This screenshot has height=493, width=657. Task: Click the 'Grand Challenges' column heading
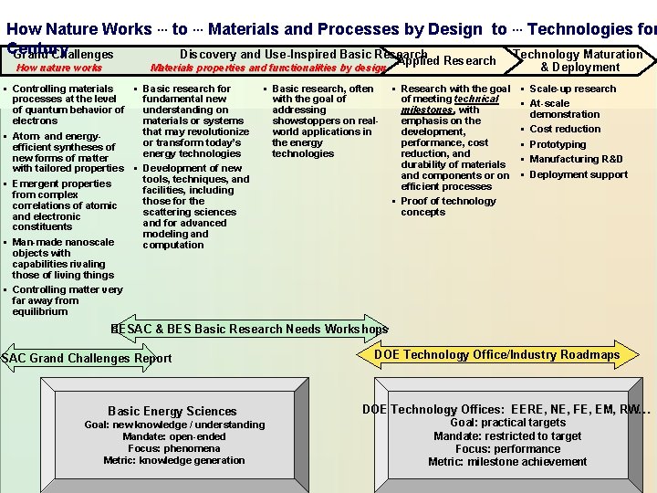tap(64, 55)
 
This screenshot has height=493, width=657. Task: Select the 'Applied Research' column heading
tap(446, 61)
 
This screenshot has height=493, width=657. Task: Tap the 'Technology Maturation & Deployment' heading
tap(579, 60)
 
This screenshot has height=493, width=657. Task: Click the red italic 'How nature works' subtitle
tap(60, 68)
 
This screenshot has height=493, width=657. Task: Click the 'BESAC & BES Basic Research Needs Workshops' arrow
tap(249, 329)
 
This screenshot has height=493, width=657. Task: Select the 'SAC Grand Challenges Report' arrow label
tap(86, 358)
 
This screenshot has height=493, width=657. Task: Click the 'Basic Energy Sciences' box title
tap(172, 411)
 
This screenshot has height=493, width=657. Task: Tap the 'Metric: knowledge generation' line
tap(174, 460)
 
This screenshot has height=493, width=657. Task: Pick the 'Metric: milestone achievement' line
tap(507, 461)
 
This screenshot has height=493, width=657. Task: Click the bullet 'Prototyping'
tap(558, 144)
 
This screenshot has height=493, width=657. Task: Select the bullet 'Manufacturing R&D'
tap(576, 159)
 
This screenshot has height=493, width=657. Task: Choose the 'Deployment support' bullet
tap(579, 174)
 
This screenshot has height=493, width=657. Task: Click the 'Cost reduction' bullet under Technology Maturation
tap(565, 129)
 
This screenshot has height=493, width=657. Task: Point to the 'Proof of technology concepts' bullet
tap(448, 206)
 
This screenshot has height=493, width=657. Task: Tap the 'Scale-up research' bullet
tap(573, 89)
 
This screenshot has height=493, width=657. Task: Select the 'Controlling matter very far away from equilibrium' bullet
tap(67, 300)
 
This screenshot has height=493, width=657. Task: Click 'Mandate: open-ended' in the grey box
tap(174, 436)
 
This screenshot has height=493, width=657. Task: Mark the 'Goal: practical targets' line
tap(507, 423)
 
